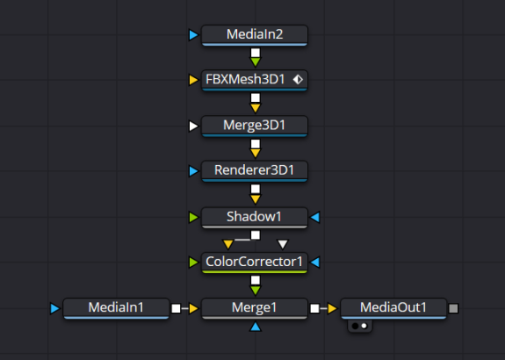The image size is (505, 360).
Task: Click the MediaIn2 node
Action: click(255, 35)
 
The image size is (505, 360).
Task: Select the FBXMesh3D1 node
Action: click(255, 80)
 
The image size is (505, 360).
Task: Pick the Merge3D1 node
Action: click(255, 126)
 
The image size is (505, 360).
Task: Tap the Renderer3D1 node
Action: click(255, 170)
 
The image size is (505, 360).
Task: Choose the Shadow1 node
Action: click(255, 217)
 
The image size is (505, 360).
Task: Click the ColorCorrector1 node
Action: click(255, 263)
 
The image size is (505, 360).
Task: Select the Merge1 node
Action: click(255, 308)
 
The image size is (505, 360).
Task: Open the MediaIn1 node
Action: click(116, 308)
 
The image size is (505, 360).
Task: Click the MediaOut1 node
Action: click(393, 308)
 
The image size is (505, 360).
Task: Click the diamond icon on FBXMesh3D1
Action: click(298, 79)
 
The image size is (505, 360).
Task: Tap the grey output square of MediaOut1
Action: click(453, 308)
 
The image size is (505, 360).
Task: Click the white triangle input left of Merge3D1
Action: click(193, 126)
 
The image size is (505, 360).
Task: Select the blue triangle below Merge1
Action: click(255, 327)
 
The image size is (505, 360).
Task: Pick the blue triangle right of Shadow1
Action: click(315, 217)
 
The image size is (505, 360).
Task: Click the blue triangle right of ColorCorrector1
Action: click(315, 263)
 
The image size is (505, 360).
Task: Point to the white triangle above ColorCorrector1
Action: click(283, 244)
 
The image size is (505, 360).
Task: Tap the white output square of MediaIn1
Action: click(177, 308)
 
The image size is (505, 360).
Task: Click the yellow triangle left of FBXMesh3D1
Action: click(193, 80)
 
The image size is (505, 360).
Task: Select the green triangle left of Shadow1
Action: click(193, 217)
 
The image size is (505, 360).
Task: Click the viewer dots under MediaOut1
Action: click(360, 326)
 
